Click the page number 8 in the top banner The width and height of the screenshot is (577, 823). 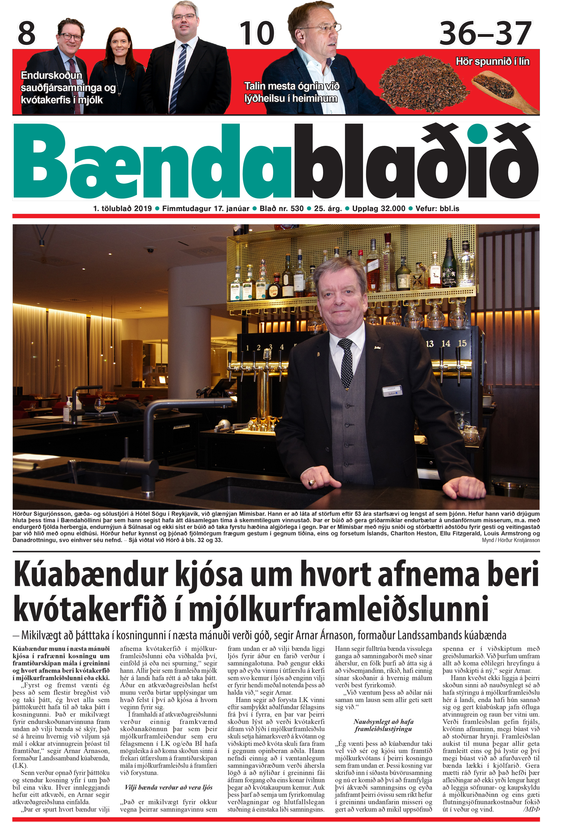click(27, 33)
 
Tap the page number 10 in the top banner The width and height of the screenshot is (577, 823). click(257, 33)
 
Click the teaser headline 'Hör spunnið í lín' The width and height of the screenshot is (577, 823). click(492, 61)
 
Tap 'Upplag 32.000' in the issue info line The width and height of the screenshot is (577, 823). click(379, 209)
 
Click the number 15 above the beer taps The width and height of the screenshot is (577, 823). click(462, 343)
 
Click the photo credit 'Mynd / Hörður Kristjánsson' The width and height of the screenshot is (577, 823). click(510, 540)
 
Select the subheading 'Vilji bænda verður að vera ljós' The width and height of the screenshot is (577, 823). click(168, 787)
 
